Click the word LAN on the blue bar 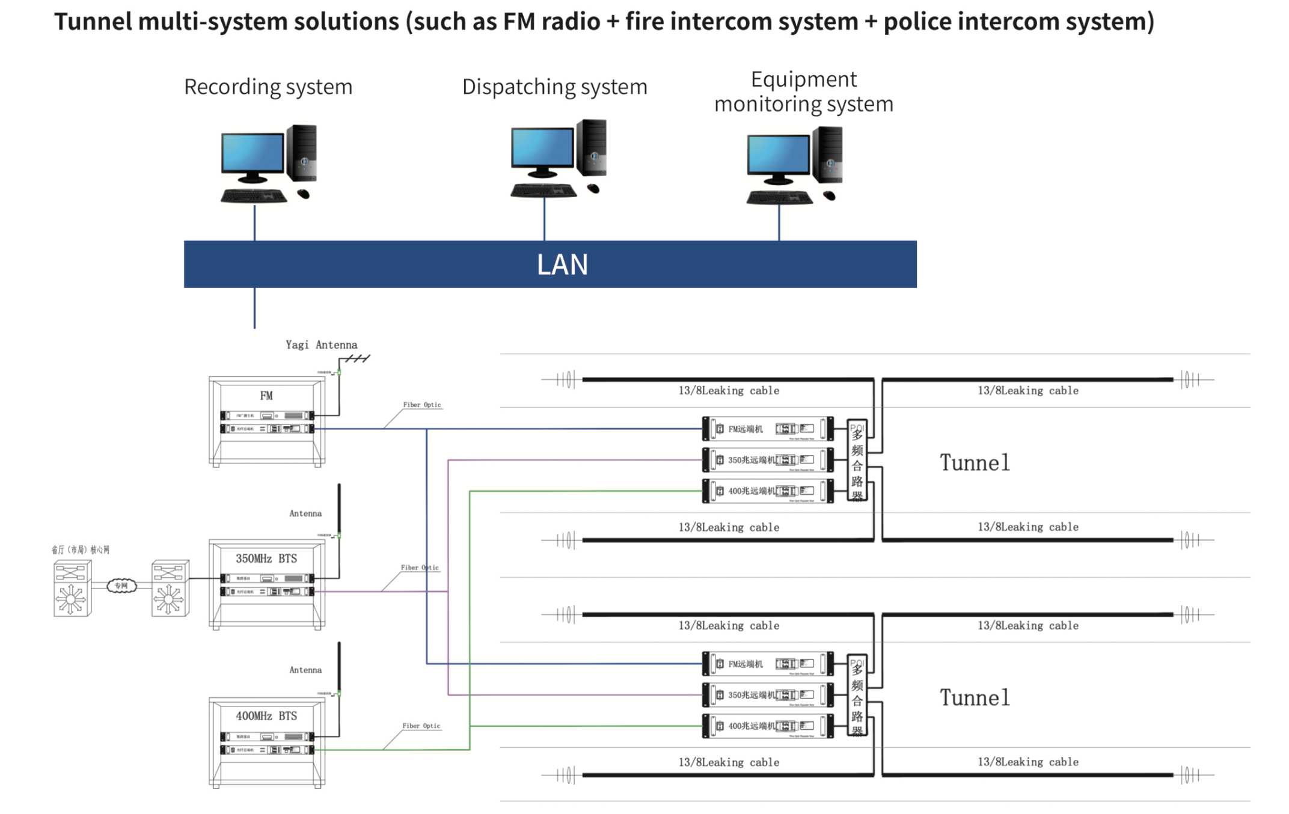point(562,265)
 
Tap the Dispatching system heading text point(554,87)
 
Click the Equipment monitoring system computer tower point(828,155)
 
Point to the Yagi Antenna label point(321,344)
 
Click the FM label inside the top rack point(266,396)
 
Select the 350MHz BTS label point(266,558)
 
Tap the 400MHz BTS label point(266,716)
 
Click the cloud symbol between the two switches point(121,586)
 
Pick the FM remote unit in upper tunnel point(768,429)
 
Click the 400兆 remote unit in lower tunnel point(768,726)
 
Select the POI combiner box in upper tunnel point(857,461)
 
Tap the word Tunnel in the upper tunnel point(975,463)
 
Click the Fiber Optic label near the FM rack point(422,405)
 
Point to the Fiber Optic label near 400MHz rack point(421,726)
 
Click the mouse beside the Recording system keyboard point(304,194)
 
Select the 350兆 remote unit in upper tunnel point(768,460)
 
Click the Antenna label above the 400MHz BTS point(305,670)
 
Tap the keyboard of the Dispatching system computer point(543,191)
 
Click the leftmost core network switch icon point(72,588)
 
